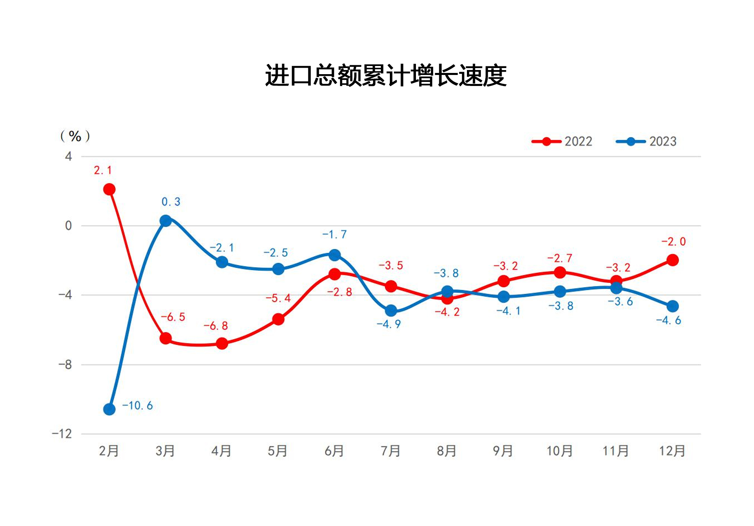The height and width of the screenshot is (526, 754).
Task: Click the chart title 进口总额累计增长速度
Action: coord(385,76)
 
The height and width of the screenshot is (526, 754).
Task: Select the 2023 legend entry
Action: coord(646,141)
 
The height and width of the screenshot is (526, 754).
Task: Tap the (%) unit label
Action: coord(75,136)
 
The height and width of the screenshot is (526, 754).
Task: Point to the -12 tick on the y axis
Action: coord(62,434)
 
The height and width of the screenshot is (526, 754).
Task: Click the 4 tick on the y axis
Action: coord(68,156)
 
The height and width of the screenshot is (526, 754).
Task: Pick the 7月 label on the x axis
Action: coord(390,451)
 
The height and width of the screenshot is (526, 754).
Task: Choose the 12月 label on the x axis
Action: coord(672,451)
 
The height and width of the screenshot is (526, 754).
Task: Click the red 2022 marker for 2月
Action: coord(109,189)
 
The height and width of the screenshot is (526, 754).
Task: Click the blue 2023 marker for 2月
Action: coord(109,409)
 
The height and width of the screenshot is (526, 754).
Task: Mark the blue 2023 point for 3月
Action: coord(166,221)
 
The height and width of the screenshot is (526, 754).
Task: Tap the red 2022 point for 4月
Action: coord(222,343)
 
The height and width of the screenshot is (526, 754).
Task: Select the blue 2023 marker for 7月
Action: coord(391,311)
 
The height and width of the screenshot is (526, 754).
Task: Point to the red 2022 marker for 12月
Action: coord(672,260)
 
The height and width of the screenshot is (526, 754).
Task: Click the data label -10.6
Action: coord(137,406)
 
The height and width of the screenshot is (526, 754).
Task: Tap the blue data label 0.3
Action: coord(171,202)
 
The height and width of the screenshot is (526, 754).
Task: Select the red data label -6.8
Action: coord(216,326)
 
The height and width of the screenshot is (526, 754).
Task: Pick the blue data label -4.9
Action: coord(389,324)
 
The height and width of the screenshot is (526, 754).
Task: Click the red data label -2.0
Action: coord(673,242)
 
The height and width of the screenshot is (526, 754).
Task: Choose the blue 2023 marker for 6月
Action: coord(334,255)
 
